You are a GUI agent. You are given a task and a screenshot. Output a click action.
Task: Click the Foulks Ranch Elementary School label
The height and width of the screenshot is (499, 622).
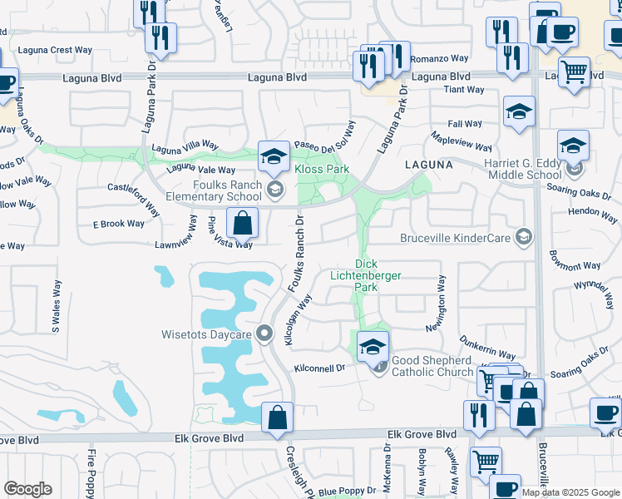[213, 191]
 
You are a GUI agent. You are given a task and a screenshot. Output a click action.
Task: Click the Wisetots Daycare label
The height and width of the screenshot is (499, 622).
[206, 335]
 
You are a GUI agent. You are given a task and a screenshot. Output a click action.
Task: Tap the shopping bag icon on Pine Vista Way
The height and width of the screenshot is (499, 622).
[242, 223]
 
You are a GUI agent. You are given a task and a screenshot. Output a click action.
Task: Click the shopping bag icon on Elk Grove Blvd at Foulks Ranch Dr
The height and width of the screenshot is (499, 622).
[277, 417]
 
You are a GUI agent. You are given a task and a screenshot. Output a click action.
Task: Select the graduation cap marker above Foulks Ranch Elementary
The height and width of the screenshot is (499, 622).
[273, 155]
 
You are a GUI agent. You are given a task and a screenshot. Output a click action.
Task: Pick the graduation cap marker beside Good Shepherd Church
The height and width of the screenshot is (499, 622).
[373, 346]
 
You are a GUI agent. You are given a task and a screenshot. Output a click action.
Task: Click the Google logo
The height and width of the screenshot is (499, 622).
[27, 489]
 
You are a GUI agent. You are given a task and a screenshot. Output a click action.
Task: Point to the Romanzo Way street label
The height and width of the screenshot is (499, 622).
[442, 59]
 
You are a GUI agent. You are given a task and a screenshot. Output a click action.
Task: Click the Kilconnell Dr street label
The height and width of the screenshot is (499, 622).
[318, 368]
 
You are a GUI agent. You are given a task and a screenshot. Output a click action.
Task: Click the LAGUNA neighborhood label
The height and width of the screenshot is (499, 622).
[429, 165]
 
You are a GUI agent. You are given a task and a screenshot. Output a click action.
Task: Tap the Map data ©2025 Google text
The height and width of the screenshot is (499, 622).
[570, 492]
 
